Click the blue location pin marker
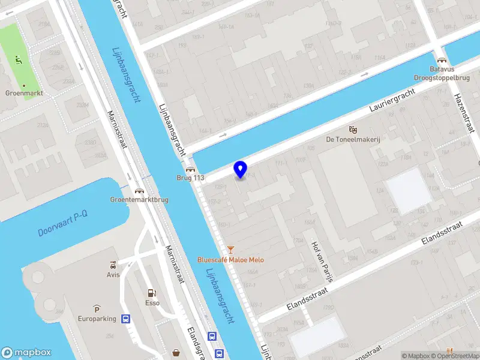[x=241, y=170]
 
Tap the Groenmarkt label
[x=23, y=93]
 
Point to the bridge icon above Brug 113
[x=191, y=170]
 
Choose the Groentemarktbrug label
[x=139, y=200]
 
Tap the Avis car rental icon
[x=113, y=265]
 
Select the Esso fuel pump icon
[x=152, y=293]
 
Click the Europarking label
[x=97, y=319]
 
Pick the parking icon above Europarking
[x=97, y=308]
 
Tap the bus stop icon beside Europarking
[x=126, y=319]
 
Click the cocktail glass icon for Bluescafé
[x=231, y=250]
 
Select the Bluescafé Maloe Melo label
[x=231, y=260]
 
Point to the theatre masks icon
[x=353, y=129]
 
